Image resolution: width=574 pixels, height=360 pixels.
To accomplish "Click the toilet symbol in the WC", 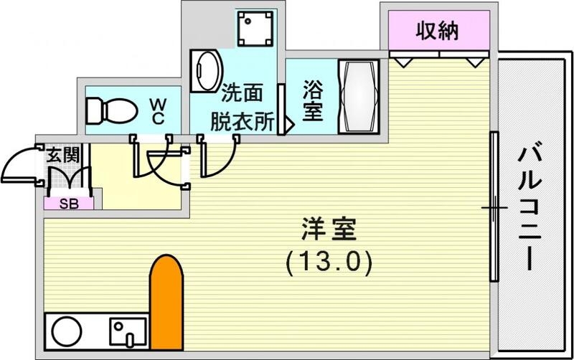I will point(110,111).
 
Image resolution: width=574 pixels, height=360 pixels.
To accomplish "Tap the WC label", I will point(158,110).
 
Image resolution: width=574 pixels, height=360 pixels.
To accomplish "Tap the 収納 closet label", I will point(438,32).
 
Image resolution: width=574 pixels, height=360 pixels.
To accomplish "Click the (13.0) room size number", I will point(329,263).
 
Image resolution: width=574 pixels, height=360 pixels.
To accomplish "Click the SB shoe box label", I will point(69,204).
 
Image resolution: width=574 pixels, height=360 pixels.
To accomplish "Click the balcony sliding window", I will point(494,208).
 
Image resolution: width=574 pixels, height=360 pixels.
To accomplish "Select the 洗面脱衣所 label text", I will point(241,107).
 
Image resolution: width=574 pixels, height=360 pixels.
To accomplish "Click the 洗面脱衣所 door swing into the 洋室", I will point(219,158).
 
